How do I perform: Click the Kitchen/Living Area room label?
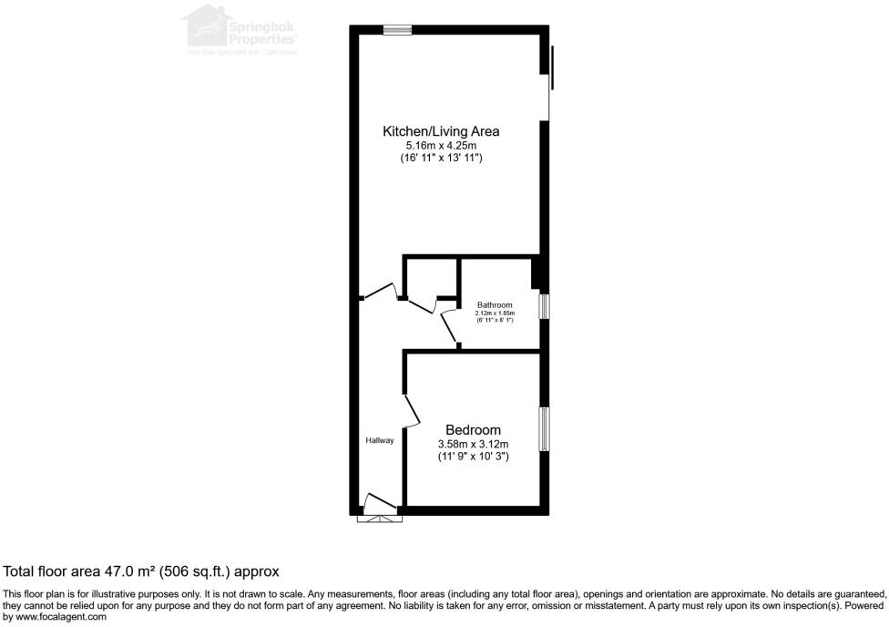point(441,131)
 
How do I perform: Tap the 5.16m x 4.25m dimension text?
point(441,145)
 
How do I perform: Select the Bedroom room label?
point(473,430)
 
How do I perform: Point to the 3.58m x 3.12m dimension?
point(473,444)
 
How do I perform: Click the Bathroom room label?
point(495,305)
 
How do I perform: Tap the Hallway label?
point(380,441)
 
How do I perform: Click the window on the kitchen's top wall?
point(397,30)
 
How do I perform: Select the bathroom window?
point(544,306)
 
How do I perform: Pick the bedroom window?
point(544,429)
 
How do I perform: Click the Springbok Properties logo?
point(240,30)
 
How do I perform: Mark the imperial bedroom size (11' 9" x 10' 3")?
point(473,457)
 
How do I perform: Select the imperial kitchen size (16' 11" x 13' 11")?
point(441,158)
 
